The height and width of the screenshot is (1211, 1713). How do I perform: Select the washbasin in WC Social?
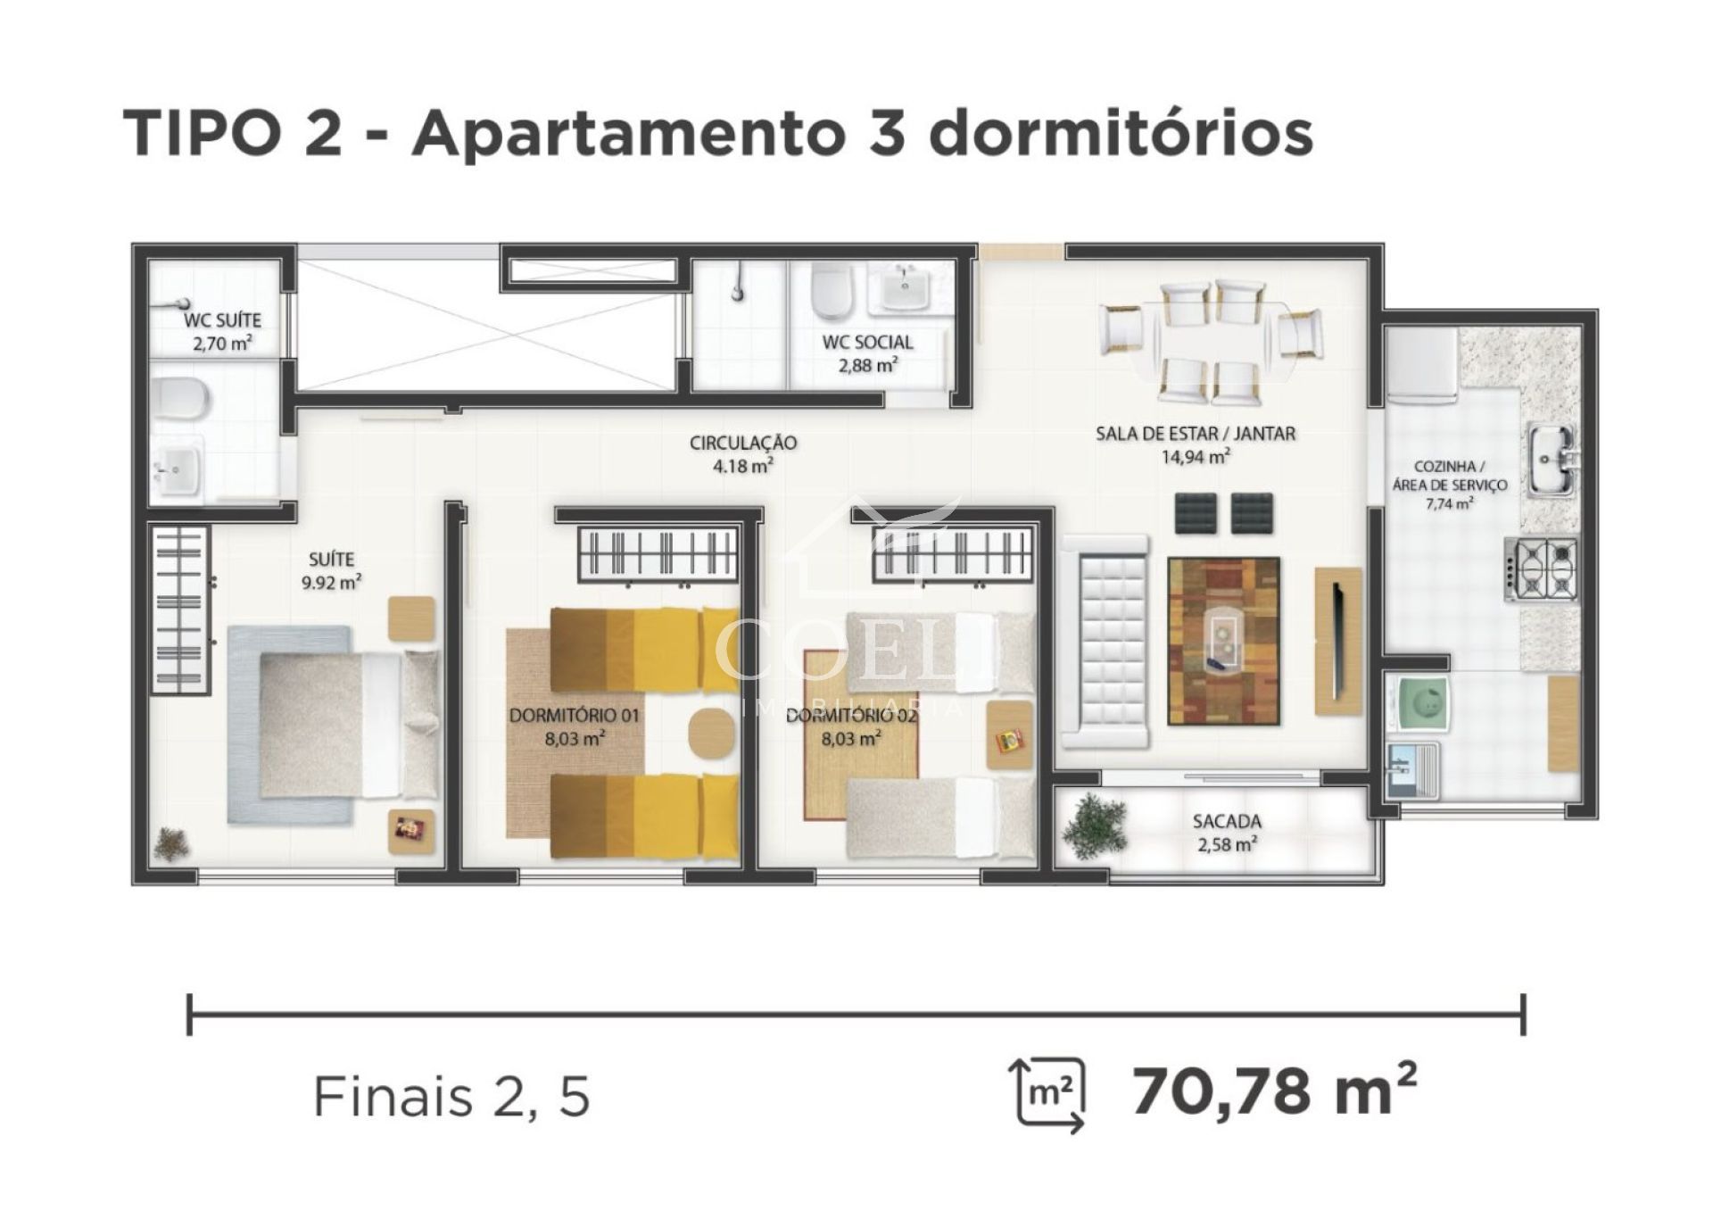906,287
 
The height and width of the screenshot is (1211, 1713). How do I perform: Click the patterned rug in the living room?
1223,641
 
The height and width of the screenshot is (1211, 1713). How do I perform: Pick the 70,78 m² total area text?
1274,1090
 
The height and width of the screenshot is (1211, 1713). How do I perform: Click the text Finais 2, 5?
451,1096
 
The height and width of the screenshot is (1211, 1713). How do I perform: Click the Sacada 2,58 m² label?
1227,832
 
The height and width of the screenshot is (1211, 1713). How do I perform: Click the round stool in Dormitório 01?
711,733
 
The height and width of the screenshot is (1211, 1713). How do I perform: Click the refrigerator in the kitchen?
1421,365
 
